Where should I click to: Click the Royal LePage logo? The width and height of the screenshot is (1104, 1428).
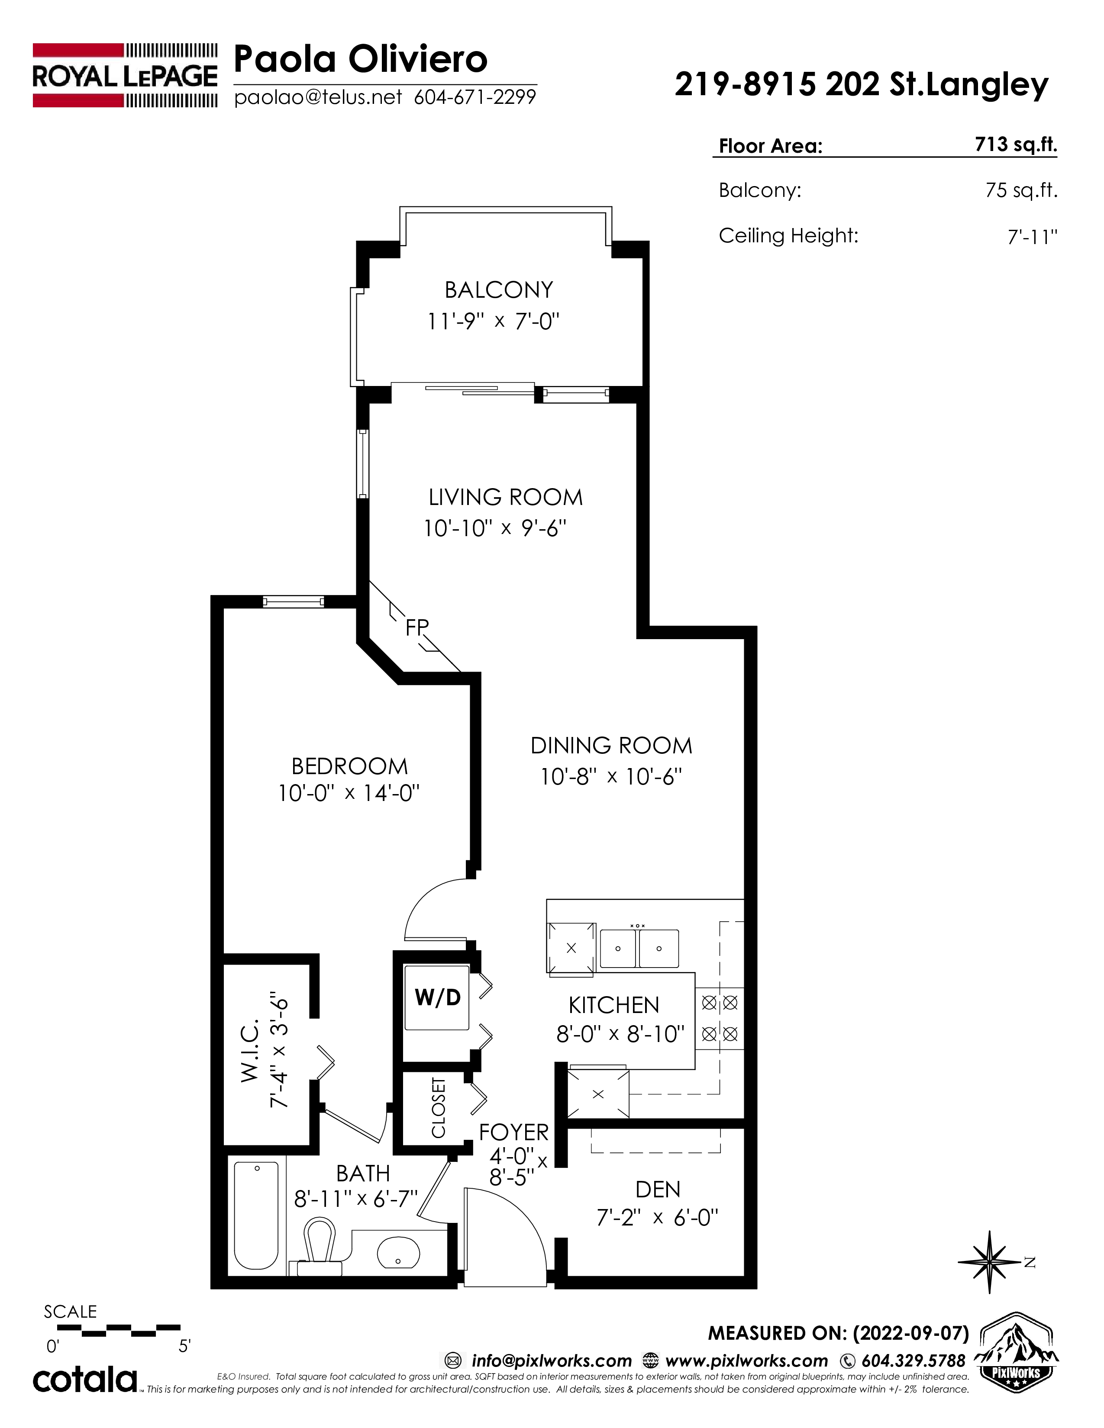pos(125,75)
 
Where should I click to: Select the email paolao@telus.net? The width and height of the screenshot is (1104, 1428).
pos(318,97)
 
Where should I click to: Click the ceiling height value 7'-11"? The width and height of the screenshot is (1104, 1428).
pos(1032,236)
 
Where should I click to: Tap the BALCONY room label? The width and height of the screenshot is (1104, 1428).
pos(498,289)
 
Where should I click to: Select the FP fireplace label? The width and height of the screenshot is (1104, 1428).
pos(416,628)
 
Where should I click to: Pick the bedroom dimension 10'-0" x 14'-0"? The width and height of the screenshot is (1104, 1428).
pos(349,793)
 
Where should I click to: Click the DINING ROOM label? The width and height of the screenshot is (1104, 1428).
pos(611,746)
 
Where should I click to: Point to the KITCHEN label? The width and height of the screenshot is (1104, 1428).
pos(613,1005)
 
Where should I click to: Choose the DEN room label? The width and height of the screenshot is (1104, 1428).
pos(658,1189)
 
